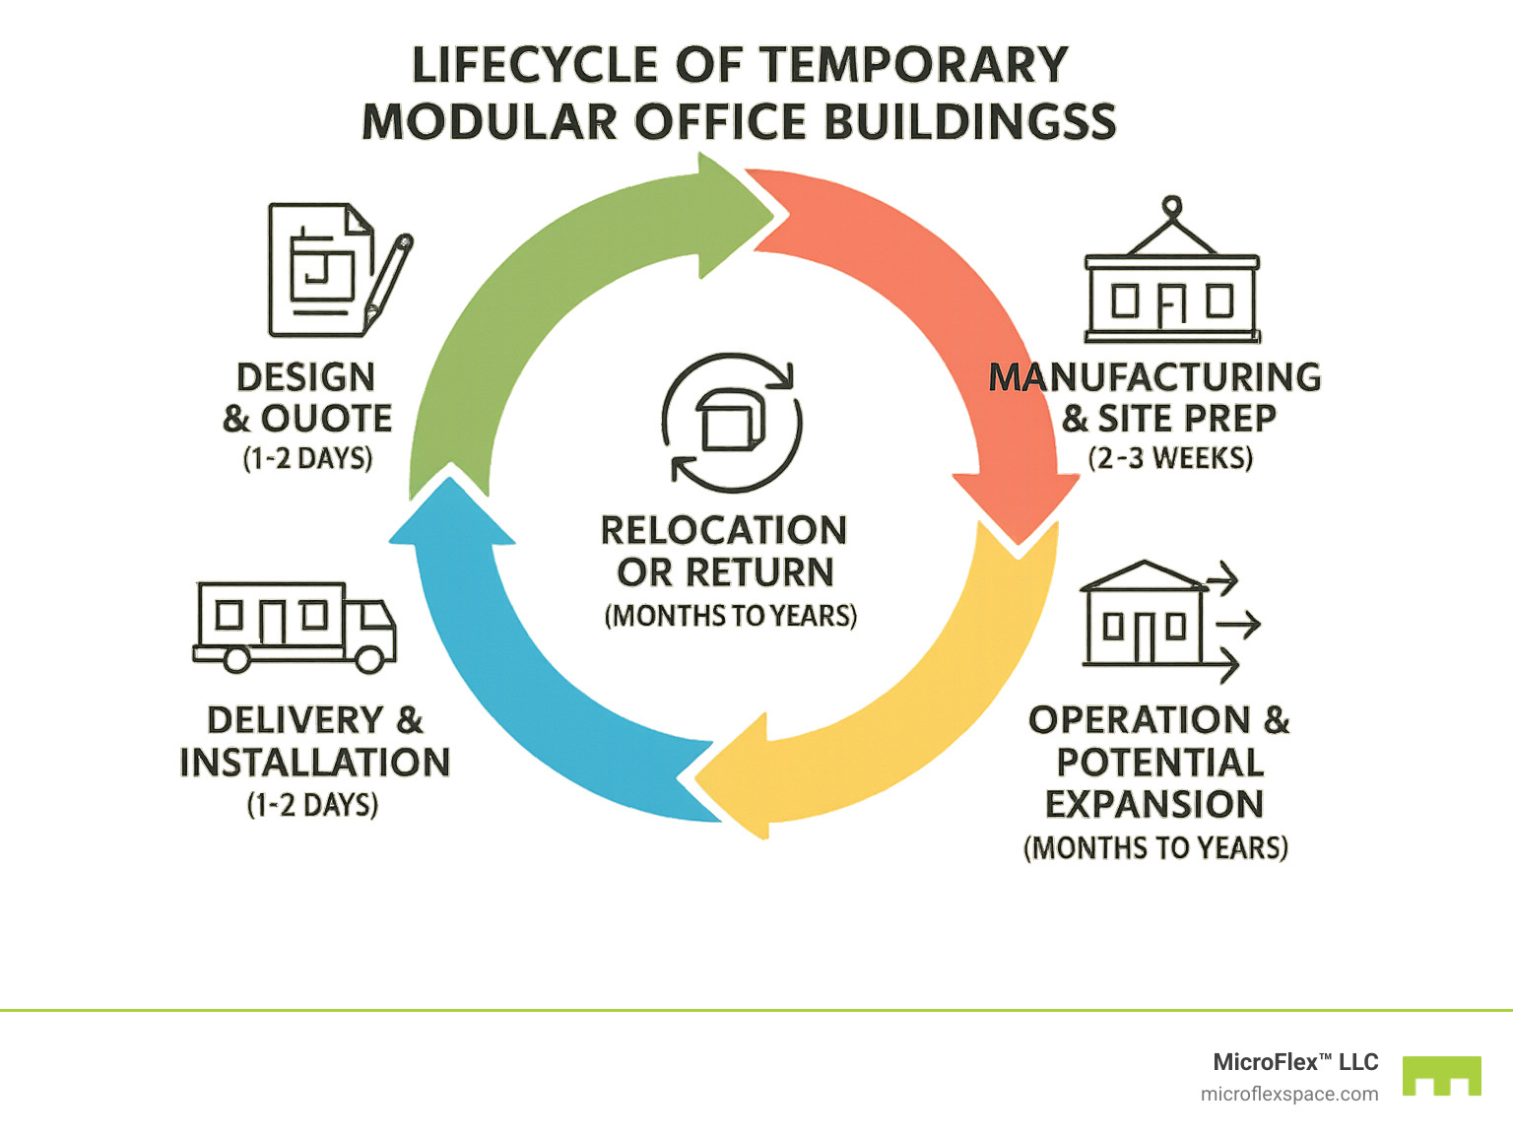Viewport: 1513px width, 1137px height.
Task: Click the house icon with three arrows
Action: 1162,621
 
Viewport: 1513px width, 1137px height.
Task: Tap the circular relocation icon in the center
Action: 731,422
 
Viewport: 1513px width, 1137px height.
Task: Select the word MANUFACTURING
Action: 1154,377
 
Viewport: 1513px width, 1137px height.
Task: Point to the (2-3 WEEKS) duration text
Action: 1170,458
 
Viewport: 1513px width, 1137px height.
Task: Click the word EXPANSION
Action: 1154,804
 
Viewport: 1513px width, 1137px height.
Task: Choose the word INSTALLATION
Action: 315,763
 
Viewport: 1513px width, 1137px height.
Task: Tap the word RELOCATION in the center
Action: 724,530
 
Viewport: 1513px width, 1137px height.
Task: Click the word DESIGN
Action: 306,377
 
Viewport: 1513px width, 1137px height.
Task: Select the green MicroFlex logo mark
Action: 1442,1076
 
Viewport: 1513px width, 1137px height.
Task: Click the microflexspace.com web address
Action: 1289,1094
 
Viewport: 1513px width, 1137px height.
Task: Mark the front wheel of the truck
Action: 369,659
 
